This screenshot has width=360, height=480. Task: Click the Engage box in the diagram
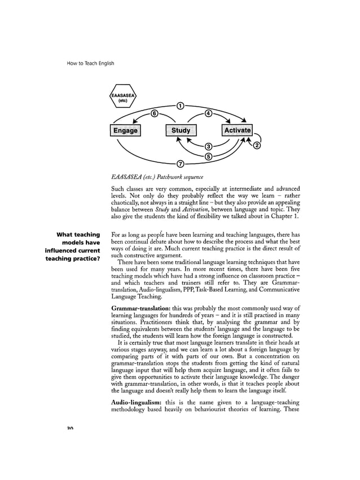[x=125, y=130]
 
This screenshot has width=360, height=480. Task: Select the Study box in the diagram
[x=181, y=130]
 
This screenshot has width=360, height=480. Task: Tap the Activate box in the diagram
[x=237, y=130]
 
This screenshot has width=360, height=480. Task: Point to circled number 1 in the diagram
[x=180, y=105]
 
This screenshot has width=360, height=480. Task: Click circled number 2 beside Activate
[x=257, y=147]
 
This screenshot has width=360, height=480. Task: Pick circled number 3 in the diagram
[x=208, y=147]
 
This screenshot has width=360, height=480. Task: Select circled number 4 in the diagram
[x=208, y=114]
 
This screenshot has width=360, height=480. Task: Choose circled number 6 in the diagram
[x=153, y=114]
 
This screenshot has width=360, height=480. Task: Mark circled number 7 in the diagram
[x=180, y=164]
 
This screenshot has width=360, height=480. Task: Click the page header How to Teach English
[x=90, y=63]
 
